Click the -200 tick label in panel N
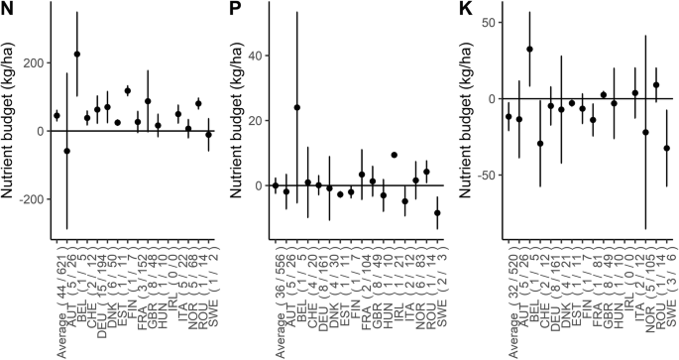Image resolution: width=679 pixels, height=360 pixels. (x=30, y=199)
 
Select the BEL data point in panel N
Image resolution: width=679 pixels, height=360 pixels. (x=77, y=55)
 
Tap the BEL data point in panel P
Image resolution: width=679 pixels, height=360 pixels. (x=296, y=107)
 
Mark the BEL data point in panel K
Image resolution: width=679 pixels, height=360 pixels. (x=529, y=49)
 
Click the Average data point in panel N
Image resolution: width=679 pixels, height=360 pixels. (x=57, y=116)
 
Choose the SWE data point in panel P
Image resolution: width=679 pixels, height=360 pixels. (x=437, y=212)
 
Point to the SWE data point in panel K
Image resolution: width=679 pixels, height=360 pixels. (x=666, y=149)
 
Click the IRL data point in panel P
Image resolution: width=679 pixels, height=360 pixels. (x=394, y=155)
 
